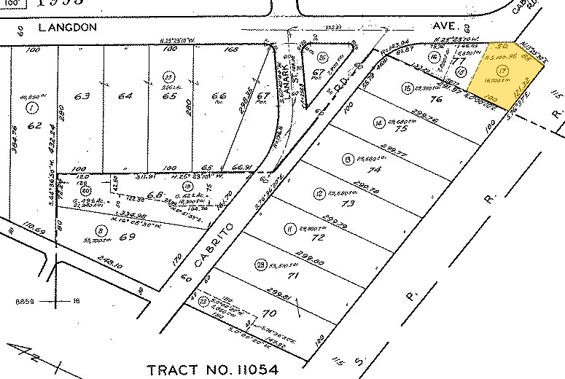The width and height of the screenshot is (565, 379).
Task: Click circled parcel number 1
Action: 31,109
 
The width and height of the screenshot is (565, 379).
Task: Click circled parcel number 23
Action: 260,265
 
